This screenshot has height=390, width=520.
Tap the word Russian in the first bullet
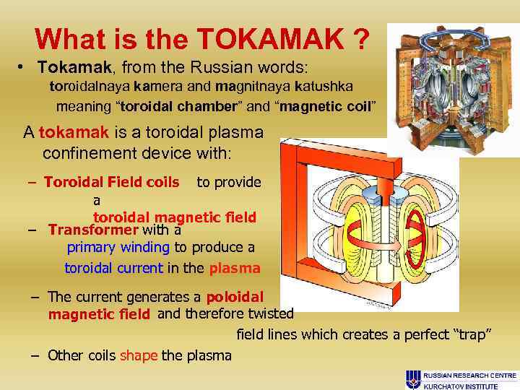(219, 67)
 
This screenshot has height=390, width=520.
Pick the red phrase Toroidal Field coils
(111, 182)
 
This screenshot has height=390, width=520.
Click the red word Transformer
(92, 230)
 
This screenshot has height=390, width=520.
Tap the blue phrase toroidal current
(113, 268)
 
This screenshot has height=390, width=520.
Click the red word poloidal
(235, 297)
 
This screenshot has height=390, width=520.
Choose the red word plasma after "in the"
(235, 268)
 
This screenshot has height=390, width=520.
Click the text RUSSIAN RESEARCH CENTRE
(470, 376)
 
